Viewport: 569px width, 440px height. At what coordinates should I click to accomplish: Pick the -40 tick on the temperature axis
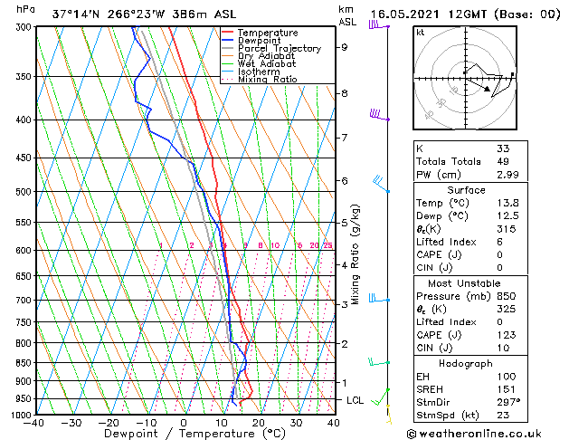34,423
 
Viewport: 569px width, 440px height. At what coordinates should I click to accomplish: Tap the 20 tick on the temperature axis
258,423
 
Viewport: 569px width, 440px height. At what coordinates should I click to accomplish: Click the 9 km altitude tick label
345,47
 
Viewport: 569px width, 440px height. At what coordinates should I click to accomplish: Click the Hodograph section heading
467,362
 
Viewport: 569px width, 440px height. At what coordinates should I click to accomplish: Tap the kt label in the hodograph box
420,33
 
